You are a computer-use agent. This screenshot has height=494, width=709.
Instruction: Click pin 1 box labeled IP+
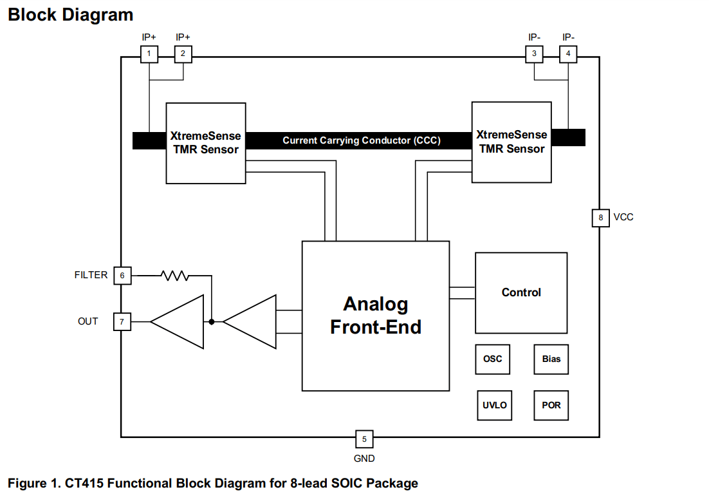pos(149,54)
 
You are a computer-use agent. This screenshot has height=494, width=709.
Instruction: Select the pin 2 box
pos(183,54)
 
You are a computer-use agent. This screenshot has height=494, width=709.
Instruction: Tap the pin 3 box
pos(534,54)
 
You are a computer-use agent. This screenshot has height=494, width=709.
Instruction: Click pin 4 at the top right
pos(568,54)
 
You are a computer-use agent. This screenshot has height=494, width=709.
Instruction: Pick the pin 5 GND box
pos(364,439)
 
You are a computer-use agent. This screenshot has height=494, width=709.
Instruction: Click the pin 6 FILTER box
pos(122,276)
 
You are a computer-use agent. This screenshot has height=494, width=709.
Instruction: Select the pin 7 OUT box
pos(122,321)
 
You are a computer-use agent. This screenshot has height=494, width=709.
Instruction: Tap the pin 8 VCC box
pos(601,218)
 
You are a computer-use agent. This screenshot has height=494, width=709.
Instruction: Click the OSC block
pos(493,359)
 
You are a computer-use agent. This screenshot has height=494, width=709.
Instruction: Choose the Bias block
pos(551,359)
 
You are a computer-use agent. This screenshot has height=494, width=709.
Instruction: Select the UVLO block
pos(495,405)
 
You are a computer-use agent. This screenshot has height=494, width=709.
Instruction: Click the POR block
pos(551,405)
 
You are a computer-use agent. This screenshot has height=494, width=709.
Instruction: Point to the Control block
pos(521,292)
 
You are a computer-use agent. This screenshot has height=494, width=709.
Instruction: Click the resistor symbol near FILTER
pos(174,276)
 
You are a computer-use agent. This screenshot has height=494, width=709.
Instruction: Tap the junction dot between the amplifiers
pos(212,321)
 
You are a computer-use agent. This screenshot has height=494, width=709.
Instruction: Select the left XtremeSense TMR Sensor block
pos(205,142)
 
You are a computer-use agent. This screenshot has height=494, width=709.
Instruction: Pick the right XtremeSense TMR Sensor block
pos(511,142)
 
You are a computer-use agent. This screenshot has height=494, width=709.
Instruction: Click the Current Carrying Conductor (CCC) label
pos(362,140)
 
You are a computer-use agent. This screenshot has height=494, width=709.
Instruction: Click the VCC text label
pos(623,217)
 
